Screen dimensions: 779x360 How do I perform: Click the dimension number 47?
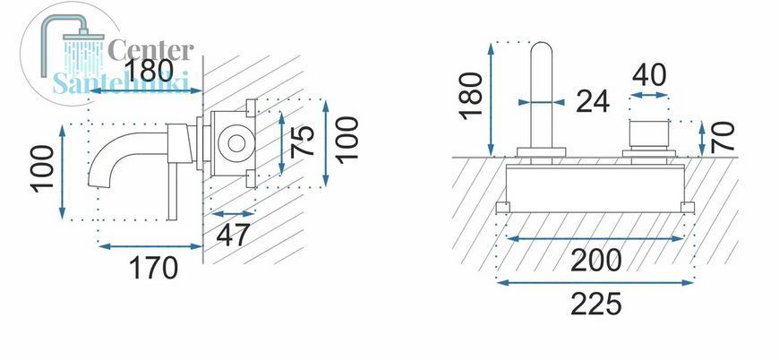coord(233,235)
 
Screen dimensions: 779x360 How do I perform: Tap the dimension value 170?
coord(153,268)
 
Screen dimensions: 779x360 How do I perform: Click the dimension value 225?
coord(596,304)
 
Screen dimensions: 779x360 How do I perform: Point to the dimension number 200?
coord(596,260)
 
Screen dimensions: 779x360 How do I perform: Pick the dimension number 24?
coord(593,102)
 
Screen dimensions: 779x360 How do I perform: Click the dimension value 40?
coord(649,75)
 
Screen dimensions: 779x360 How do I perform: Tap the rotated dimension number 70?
coord(723,137)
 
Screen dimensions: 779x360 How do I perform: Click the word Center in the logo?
coord(150,50)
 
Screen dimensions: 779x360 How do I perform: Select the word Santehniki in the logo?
coord(121,82)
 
